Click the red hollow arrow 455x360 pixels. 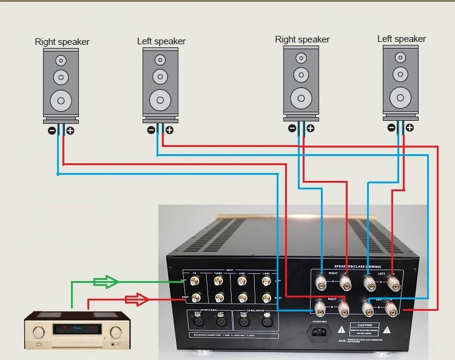tap(136, 299)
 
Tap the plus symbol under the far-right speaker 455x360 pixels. tap(410, 127)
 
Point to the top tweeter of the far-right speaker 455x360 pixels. tap(401, 58)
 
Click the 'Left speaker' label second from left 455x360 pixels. tap(161, 41)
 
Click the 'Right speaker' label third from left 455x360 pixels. tap(302, 39)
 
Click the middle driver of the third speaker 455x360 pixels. tap(302, 75)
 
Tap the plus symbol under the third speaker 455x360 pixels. tap(311, 128)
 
